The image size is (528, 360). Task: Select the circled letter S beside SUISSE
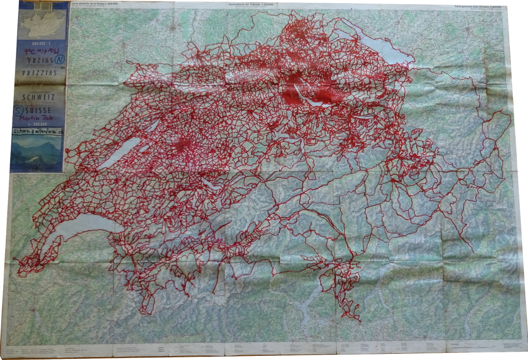19,109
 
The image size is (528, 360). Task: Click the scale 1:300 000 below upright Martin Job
38,124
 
